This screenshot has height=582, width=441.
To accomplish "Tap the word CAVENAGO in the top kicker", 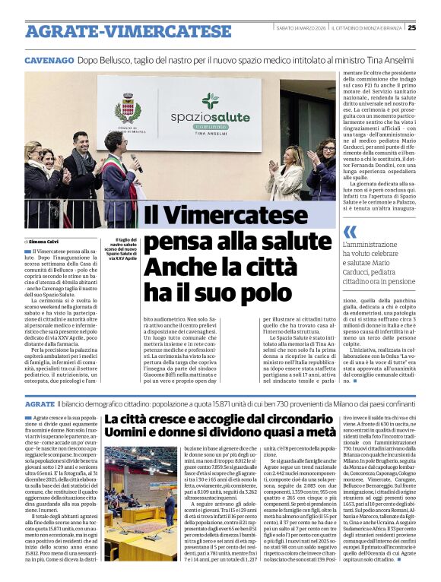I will pos(49,60).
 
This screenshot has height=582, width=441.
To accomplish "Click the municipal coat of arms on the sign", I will pos(127,108).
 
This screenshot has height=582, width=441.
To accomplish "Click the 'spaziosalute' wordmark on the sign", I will pos(211,119).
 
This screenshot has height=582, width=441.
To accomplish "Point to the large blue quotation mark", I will pos(349,231).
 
